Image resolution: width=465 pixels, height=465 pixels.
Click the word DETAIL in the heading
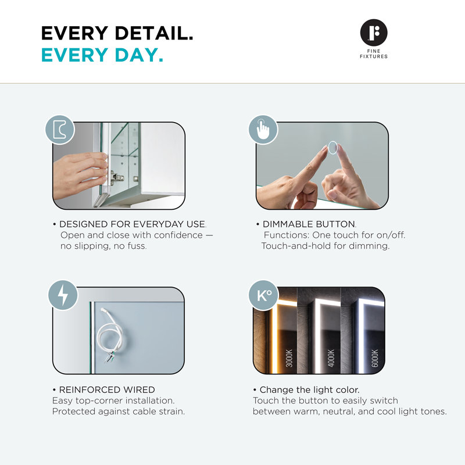pos(154,33)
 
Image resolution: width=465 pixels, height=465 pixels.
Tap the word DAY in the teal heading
pos(139,55)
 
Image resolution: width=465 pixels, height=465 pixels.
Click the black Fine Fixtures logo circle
pos(374,33)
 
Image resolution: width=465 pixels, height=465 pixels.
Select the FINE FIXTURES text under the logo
pos(374,53)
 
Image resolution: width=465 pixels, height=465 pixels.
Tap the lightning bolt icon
pos(63,295)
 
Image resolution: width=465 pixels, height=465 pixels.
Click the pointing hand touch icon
pos(263,130)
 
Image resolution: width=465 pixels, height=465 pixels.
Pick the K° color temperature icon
pos(264,295)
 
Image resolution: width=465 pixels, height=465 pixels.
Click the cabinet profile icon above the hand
pos(60,130)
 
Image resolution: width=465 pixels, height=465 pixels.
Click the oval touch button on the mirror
pos(332,148)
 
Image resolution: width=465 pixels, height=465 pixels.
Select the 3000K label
pos(289,358)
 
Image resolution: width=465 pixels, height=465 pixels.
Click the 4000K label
pos(331,358)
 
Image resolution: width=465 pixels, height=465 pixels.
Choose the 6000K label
pos(375,358)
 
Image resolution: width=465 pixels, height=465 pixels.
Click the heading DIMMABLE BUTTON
pos(309,224)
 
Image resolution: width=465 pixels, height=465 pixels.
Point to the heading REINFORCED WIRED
pos(107,389)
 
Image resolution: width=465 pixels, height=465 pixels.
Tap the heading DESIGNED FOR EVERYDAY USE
pos(132,224)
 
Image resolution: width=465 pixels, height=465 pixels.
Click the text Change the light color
pos(309,389)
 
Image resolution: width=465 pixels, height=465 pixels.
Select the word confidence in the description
pos(178,235)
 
